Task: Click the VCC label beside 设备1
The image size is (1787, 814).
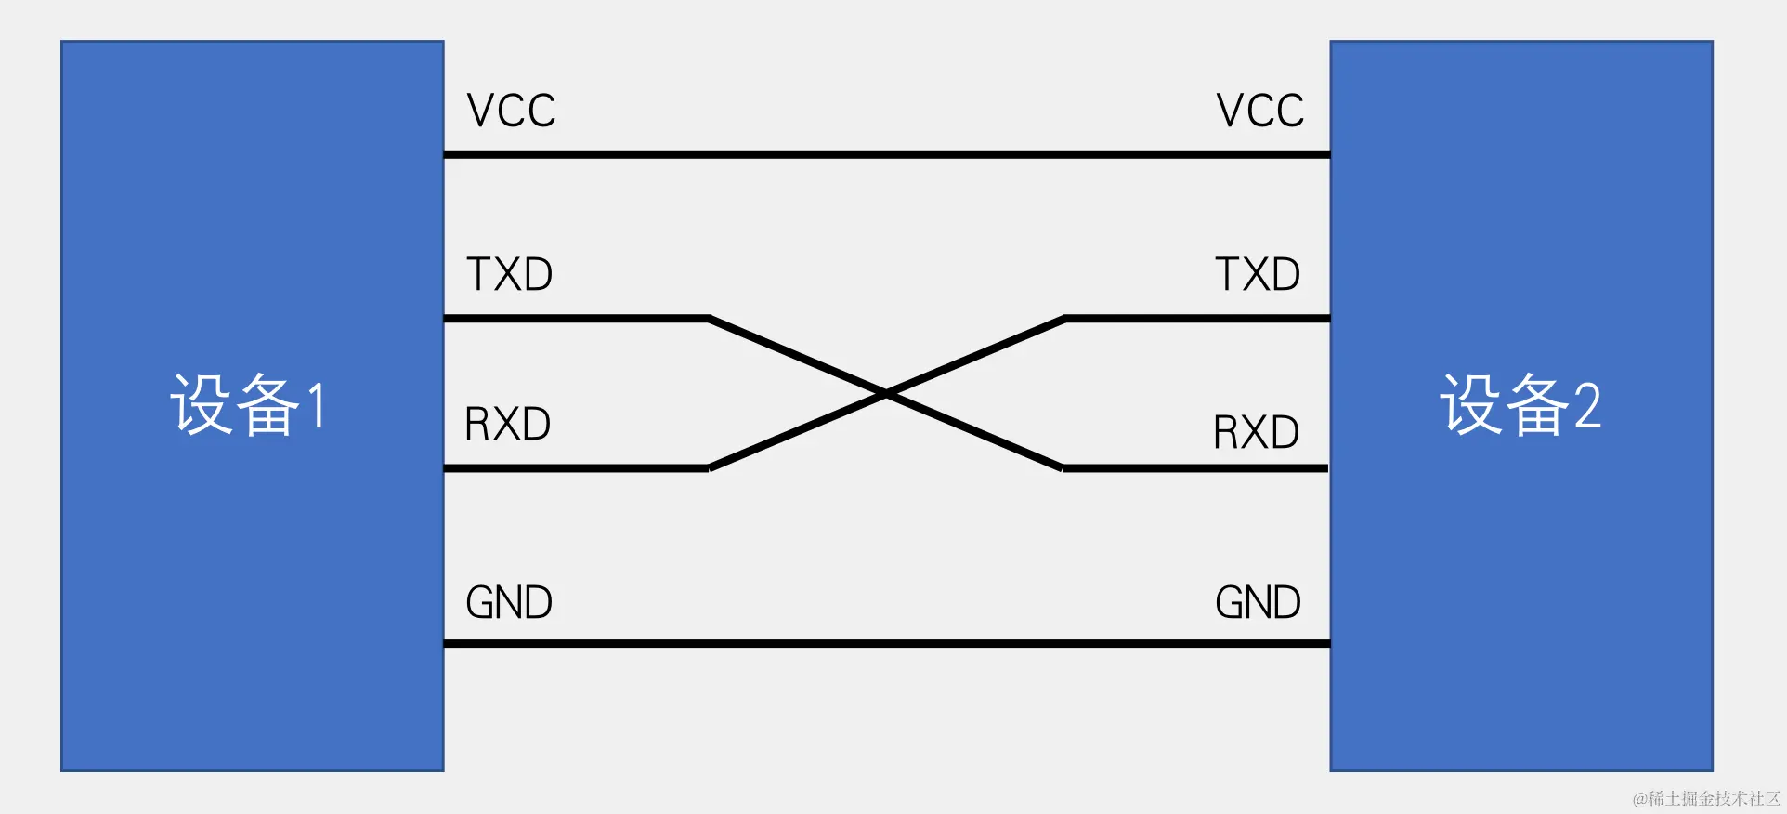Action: [x=511, y=111]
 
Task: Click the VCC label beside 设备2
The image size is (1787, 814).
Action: [x=1259, y=111]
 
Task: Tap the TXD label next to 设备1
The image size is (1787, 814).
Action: [x=509, y=274]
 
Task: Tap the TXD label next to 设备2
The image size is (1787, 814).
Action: [x=1258, y=274]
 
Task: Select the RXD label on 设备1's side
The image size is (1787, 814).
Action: [x=507, y=424]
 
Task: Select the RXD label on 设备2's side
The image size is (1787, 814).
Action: [x=1256, y=432]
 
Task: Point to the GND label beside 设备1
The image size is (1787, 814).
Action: [x=509, y=602]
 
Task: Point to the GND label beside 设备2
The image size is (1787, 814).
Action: [x=1258, y=602]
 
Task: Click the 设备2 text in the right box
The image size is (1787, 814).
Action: [x=1520, y=405]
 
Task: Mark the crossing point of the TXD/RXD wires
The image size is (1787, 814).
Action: [x=886, y=394]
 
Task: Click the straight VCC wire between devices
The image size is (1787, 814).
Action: [x=886, y=154]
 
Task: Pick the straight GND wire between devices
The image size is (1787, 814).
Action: [x=886, y=643]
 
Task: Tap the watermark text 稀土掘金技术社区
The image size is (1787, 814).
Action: [x=1707, y=798]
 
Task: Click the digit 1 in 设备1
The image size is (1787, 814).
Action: [x=317, y=406]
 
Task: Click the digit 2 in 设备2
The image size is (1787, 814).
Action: [x=1587, y=406]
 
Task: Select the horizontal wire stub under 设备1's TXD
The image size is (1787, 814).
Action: [x=576, y=319]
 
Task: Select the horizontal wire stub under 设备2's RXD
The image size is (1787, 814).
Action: [x=1196, y=468]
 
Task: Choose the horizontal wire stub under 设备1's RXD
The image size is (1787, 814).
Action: [x=576, y=468]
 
